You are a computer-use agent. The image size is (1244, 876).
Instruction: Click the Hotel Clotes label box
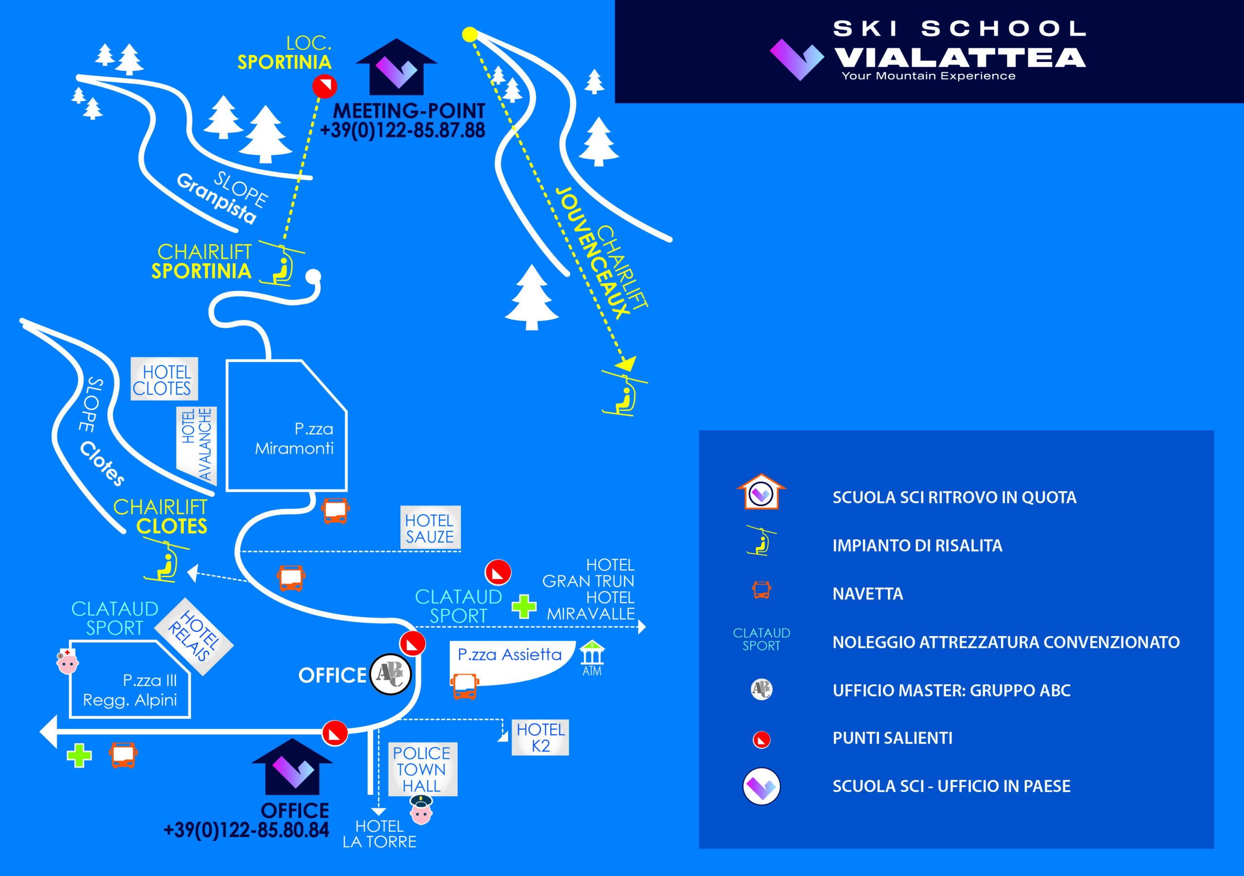click(164, 379)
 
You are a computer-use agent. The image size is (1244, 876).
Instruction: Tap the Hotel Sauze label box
click(430, 528)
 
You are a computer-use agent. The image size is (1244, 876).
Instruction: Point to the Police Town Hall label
click(422, 769)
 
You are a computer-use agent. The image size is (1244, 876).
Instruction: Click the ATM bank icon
click(592, 654)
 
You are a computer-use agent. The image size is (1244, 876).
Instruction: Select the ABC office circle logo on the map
click(390, 674)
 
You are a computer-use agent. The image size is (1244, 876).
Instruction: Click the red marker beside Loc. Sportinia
click(325, 86)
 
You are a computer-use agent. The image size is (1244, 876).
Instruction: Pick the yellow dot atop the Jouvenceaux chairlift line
click(470, 34)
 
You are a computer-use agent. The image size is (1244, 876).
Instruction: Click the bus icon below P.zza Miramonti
click(335, 510)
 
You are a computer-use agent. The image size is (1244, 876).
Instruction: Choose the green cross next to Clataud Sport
click(524, 606)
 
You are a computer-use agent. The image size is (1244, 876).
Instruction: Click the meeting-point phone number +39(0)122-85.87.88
click(402, 131)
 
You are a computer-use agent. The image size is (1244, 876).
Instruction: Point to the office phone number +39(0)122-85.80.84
click(246, 830)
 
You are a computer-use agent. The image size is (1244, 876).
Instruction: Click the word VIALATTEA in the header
click(960, 57)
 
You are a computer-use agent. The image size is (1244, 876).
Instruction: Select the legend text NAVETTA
click(867, 594)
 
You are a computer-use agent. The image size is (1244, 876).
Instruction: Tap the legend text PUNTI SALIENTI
click(892, 739)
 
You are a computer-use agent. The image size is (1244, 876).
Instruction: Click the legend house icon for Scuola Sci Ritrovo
click(761, 491)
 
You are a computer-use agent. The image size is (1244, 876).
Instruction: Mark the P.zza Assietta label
click(509, 655)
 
